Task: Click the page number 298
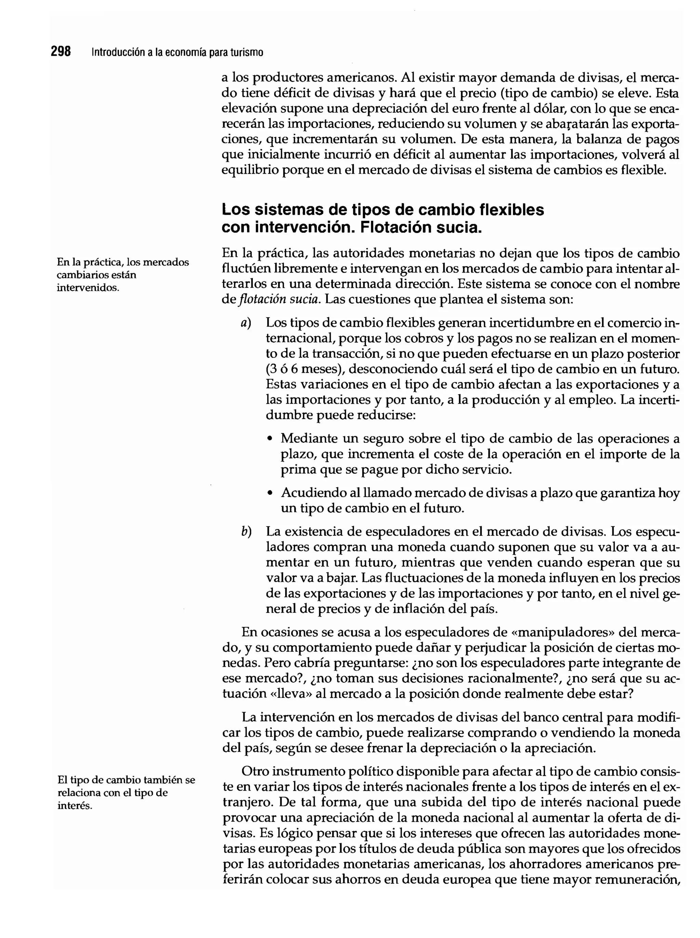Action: click(60, 52)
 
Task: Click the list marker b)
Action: click(246, 531)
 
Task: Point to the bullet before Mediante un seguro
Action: click(270, 439)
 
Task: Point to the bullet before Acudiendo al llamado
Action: click(270, 494)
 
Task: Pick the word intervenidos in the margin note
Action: click(88, 288)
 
